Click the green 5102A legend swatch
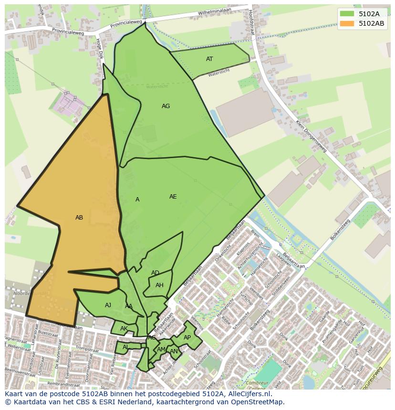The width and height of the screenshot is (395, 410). click(347, 13)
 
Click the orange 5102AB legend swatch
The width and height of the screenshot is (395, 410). click(347, 23)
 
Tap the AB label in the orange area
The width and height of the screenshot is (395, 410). click(79, 218)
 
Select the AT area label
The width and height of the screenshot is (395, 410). click(209, 59)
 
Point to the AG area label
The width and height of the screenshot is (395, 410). click(166, 106)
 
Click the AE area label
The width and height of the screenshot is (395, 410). click(173, 197)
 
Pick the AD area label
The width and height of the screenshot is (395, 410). click(155, 273)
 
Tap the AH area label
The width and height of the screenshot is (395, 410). click(159, 285)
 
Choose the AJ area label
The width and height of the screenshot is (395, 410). click(108, 305)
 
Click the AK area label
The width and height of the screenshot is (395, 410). click(124, 329)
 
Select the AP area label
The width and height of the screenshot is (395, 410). click(187, 338)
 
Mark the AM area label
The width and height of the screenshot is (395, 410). click(161, 350)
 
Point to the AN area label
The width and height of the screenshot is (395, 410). click(174, 351)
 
